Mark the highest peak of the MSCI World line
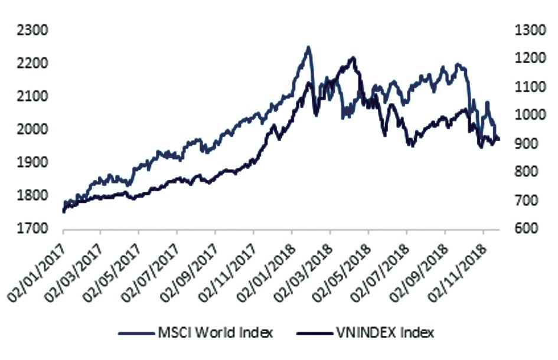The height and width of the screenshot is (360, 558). (308, 47)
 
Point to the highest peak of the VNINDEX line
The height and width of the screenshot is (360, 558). (353, 57)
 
